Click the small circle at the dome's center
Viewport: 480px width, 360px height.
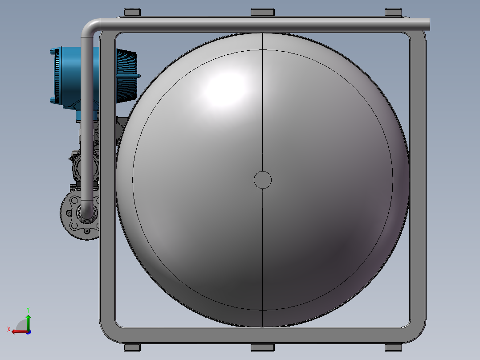(263, 180)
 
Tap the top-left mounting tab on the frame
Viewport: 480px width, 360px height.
(132, 12)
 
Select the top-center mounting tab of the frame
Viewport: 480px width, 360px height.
(263, 12)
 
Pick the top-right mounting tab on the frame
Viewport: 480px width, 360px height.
(393, 12)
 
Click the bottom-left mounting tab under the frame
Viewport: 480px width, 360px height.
(132, 348)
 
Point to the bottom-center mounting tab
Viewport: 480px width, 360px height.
(263, 348)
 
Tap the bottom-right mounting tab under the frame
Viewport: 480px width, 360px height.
(393, 348)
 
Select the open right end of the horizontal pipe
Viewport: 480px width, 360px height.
(428, 25)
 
